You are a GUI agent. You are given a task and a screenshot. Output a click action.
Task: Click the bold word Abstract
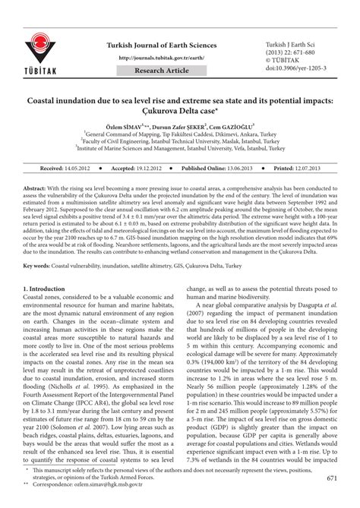pos(36,186)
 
